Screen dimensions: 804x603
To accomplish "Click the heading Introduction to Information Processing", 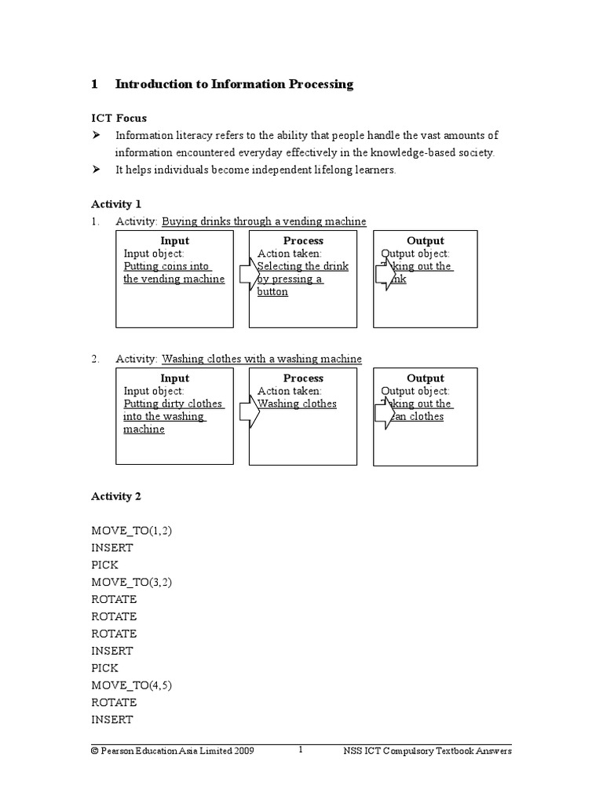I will tap(234, 84).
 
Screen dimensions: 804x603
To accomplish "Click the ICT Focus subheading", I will tap(119, 118).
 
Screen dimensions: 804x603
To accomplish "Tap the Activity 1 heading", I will tap(116, 203).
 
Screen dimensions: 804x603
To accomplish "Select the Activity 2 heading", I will tap(116, 496).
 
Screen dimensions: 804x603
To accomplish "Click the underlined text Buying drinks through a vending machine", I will tap(264, 221).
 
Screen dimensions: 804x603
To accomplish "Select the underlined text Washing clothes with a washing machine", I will tap(261, 359).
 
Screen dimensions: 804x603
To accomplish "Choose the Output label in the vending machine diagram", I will tap(425, 241).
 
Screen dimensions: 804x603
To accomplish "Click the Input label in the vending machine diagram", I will tap(174, 241).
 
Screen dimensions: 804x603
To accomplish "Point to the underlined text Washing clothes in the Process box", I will tap(298, 404).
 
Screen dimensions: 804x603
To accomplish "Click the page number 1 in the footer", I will tap(300, 750).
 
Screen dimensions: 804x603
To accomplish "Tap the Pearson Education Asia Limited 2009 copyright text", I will tap(172, 751).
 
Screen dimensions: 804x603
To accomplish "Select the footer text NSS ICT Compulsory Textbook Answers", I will tap(427, 751).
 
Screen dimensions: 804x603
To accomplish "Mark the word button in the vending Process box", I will tap(272, 292).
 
